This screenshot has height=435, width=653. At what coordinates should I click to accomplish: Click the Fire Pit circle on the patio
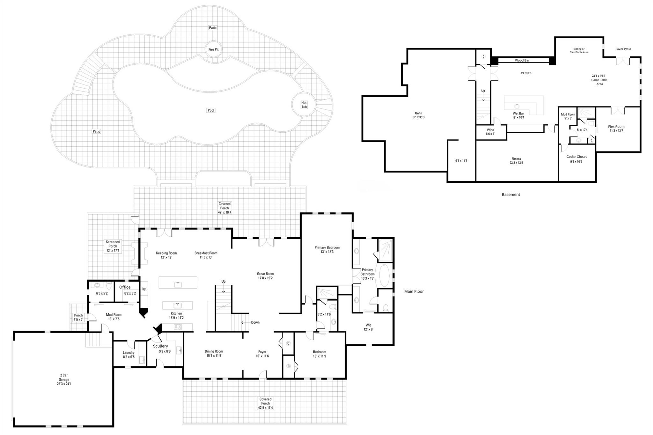tap(213, 49)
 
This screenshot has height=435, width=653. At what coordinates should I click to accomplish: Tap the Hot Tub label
tap(304, 105)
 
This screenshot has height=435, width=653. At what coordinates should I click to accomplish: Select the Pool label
tap(211, 110)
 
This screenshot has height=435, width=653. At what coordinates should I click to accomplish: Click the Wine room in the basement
tap(490, 132)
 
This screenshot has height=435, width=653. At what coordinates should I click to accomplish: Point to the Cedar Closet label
tap(576, 157)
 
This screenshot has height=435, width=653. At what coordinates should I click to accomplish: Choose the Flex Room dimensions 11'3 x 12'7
tap(616, 131)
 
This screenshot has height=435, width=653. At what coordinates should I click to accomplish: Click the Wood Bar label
tap(522, 60)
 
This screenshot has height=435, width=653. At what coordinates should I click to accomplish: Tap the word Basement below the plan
tap(511, 195)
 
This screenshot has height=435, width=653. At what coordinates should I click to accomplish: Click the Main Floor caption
tap(414, 291)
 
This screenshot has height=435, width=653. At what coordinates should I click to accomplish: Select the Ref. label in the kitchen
tap(144, 289)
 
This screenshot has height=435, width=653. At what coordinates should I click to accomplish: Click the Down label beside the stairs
tap(255, 322)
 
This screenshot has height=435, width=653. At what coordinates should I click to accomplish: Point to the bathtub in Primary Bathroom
tap(384, 276)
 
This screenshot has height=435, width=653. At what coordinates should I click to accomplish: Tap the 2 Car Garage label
tap(64, 380)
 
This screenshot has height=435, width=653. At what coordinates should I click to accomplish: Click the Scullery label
tap(160, 346)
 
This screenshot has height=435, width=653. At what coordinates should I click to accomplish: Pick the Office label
tap(125, 287)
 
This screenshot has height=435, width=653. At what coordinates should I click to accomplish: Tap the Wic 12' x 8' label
tap(368, 327)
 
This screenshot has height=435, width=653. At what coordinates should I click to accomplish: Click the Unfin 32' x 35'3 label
tap(418, 115)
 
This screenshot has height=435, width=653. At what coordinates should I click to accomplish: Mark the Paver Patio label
tap(623, 49)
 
